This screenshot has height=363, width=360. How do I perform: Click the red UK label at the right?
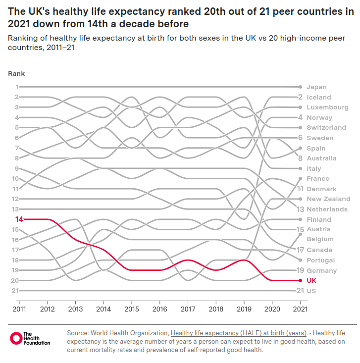coord(311,280)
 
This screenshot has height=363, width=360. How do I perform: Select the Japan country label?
coord(316,87)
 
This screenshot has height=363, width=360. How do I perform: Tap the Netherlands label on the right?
coord(327,209)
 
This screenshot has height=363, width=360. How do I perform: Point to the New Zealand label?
coord(328,199)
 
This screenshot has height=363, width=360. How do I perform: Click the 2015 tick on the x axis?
coord(131,309)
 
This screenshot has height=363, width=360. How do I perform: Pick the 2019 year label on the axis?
coord(244,309)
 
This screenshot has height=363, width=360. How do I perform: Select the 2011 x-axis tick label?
coord(19,309)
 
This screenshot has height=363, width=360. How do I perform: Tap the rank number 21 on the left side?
coord(15,290)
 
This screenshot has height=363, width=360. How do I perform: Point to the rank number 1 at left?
coord(17,87)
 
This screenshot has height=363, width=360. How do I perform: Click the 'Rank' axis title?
coord(16,74)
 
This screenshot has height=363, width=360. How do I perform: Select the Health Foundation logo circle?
coord(16,338)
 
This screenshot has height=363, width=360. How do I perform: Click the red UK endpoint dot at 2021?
coord(300,280)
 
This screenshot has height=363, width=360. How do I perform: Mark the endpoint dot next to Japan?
coord(300,87)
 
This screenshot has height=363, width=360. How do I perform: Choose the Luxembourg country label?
coord(327,107)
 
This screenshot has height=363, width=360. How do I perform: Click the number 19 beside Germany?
coord(300,270)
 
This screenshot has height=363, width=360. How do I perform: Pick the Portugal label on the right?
coord(320,260)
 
